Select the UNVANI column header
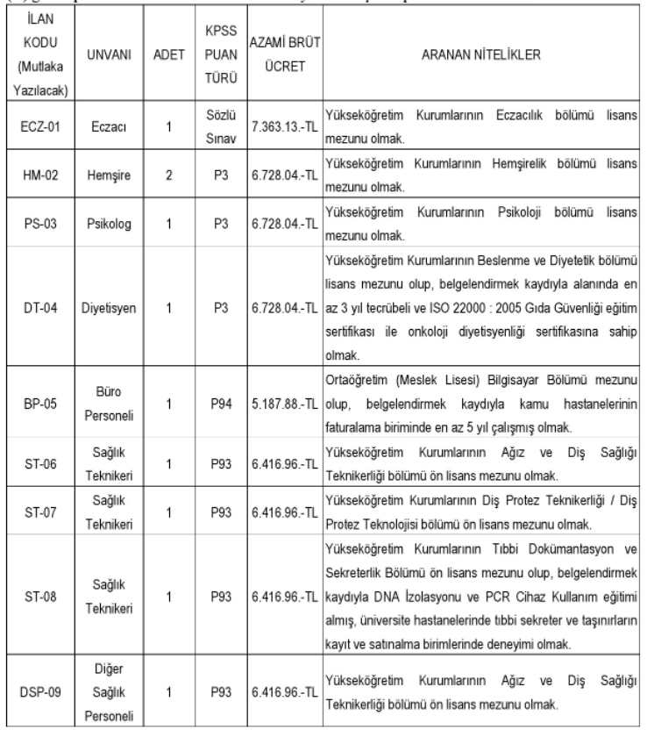point(108,54)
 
